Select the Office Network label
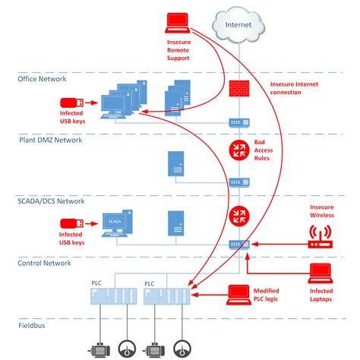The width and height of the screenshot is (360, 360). pos(42,78)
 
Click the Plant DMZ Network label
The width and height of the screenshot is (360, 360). pos(49,140)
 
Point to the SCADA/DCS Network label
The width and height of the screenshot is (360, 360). pos(52,201)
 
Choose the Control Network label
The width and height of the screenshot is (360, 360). pos(44,263)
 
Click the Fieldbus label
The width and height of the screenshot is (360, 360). pos(33,325)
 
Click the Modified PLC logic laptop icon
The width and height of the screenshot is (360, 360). pos(241,291)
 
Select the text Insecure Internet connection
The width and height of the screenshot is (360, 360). pos(295,87)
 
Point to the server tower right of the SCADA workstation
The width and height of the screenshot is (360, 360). pos(175,222)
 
